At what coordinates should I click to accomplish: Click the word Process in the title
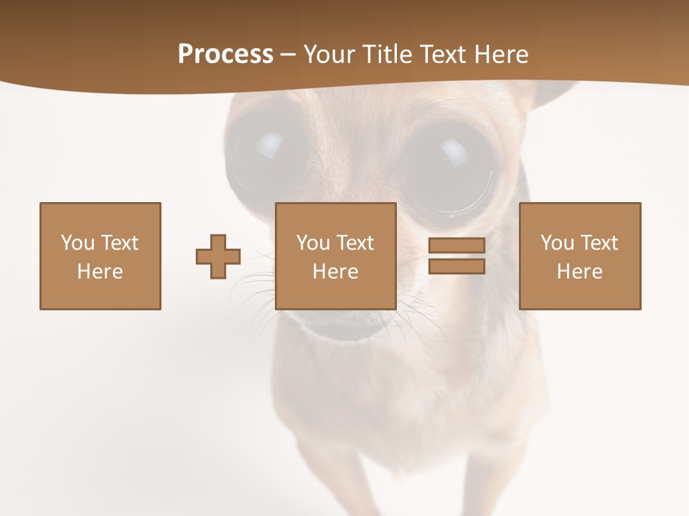pos(225,54)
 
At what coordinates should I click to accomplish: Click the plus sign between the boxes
pos(218,257)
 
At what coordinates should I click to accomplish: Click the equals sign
pos(456,256)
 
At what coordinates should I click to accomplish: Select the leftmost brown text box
pos(100,256)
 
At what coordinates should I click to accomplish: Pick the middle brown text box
pos(335,256)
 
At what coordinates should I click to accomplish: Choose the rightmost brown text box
pos(579,256)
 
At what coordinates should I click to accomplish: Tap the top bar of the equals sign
pos(456,246)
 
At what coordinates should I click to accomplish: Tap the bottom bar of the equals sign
pos(456,267)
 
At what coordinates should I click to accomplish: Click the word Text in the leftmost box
pos(119,243)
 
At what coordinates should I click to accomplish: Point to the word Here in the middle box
pos(335,272)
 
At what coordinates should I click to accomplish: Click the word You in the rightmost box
pos(557,243)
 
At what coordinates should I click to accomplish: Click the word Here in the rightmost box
pos(579,272)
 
